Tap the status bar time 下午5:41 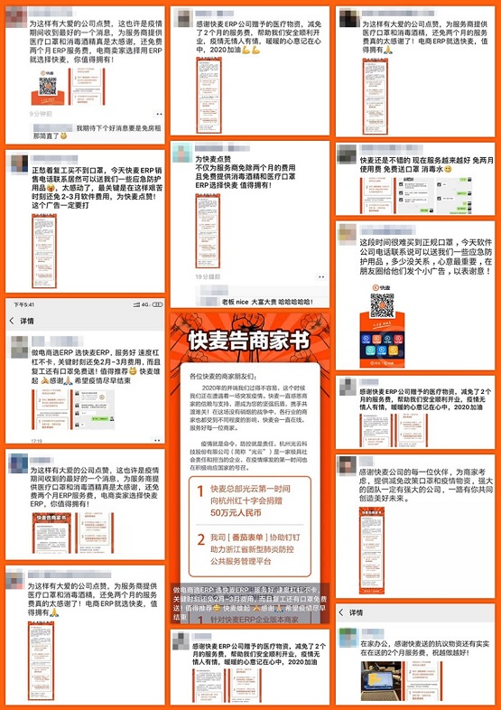point(26,304)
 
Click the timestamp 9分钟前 point(41,115)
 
